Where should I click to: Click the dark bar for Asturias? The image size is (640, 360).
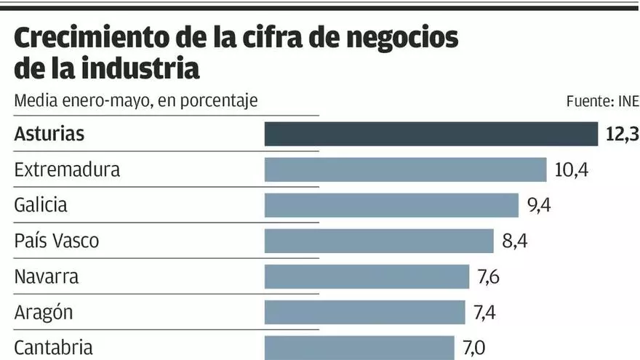(431, 134)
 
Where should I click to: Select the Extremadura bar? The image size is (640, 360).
(405, 169)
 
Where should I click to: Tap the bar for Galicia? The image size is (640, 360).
(391, 205)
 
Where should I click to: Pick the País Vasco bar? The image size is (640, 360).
(379, 241)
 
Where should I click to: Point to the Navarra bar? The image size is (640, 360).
(367, 276)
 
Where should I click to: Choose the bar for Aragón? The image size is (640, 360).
(364, 312)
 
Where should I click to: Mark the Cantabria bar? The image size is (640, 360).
(359, 347)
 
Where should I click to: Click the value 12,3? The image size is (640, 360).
(622, 135)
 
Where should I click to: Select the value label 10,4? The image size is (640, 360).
(571, 170)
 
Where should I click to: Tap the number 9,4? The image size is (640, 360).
(539, 206)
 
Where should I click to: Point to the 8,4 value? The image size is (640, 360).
(514, 241)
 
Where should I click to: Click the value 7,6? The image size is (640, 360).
(487, 277)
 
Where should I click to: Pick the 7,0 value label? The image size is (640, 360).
(473, 348)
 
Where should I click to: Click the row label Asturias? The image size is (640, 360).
(49, 135)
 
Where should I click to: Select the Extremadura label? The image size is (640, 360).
(67, 170)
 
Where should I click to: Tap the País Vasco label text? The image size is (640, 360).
(56, 241)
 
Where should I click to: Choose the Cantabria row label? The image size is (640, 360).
(54, 348)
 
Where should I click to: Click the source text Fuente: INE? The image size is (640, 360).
(602, 102)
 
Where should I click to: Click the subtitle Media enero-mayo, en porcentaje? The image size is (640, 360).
(136, 101)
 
